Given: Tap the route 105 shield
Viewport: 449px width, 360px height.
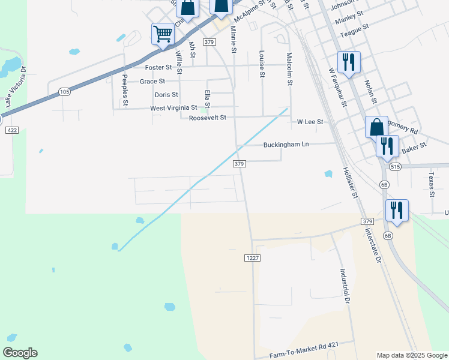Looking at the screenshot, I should [64, 91].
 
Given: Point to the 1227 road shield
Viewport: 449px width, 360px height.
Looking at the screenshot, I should [252, 257].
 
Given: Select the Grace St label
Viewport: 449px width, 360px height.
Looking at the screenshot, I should [152, 82].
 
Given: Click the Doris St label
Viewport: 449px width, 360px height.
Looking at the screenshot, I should [166, 95].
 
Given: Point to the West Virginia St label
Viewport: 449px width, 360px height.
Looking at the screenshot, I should [173, 108].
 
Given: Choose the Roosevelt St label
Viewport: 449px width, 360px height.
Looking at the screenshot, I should [207, 118].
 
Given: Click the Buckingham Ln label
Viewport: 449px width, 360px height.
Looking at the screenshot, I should [286, 145].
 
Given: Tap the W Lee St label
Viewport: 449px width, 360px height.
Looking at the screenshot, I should [310, 122].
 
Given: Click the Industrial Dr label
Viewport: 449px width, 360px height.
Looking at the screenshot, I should [346, 285].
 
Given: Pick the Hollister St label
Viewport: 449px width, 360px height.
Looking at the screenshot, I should [350, 183].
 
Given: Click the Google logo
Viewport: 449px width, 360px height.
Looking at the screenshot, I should [20, 353].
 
